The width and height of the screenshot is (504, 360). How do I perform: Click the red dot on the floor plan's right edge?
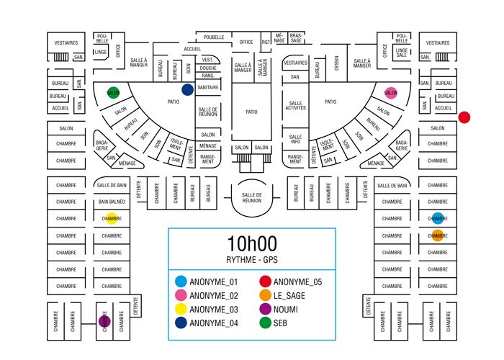click(464, 117)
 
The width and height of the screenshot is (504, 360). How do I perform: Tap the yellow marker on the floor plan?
click(112, 218)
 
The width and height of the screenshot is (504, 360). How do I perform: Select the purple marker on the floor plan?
click(103, 320)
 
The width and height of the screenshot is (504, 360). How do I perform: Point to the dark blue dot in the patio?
click(187, 89)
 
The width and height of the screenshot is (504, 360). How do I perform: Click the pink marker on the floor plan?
click(391, 92)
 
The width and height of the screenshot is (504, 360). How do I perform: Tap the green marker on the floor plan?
click(113, 92)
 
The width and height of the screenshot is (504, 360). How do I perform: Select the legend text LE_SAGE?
click(290, 295)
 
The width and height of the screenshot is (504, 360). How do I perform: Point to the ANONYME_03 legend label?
click(213, 309)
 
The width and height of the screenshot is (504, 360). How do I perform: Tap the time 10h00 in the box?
click(251, 244)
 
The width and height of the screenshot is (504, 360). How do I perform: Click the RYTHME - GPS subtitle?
click(251, 261)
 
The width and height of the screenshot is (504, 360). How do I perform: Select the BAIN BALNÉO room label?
click(112, 202)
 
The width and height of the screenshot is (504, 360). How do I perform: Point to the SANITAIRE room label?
click(208, 87)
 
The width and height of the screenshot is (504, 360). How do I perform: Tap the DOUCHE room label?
click(208, 68)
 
